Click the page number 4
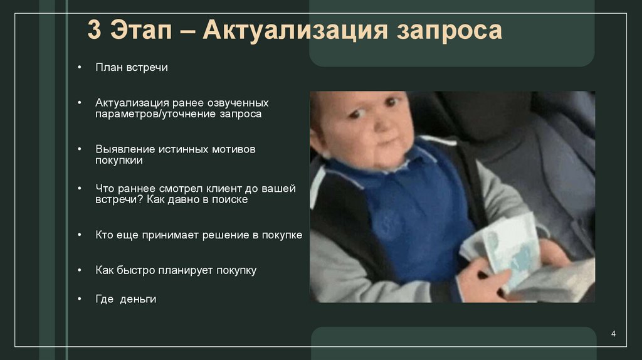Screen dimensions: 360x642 coord(613,333)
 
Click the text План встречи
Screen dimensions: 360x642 coord(132,67)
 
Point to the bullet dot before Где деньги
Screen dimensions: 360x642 coord(80,299)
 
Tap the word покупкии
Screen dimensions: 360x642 coord(119,161)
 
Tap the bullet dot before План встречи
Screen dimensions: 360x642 coord(80,67)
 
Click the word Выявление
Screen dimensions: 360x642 coord(124,150)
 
